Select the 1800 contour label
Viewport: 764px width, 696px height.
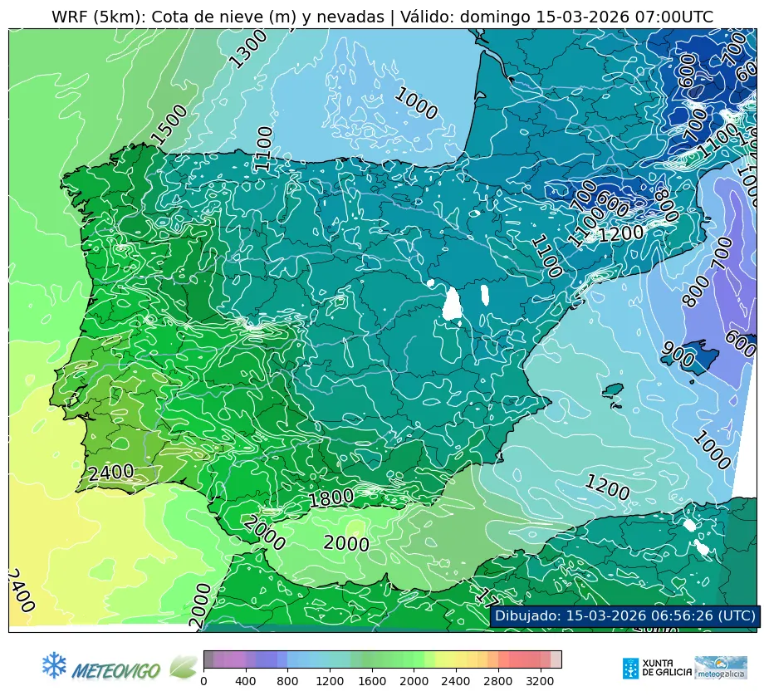pyautogui.click(x=331, y=498)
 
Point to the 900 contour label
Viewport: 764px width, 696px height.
pyautogui.click(x=678, y=355)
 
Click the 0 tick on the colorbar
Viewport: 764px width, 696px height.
pyautogui.click(x=204, y=681)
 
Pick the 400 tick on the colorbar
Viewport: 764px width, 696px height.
pyautogui.click(x=246, y=681)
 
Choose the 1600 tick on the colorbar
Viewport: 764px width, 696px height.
pyautogui.click(x=372, y=681)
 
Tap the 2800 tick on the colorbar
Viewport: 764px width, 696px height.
pyautogui.click(x=498, y=681)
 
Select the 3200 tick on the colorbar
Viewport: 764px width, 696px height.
pyautogui.click(x=541, y=681)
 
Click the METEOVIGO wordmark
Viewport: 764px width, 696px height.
pyautogui.click(x=116, y=669)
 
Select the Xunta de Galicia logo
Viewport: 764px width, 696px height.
pyautogui.click(x=654, y=668)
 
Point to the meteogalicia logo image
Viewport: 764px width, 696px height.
pyautogui.click(x=720, y=667)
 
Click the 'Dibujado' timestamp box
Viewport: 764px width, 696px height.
pyautogui.click(x=624, y=615)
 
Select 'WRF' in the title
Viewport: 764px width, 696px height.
pyautogui.click(x=70, y=17)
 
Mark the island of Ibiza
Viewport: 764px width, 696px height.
pyautogui.click(x=613, y=390)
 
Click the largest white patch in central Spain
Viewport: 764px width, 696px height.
pyautogui.click(x=452, y=304)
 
